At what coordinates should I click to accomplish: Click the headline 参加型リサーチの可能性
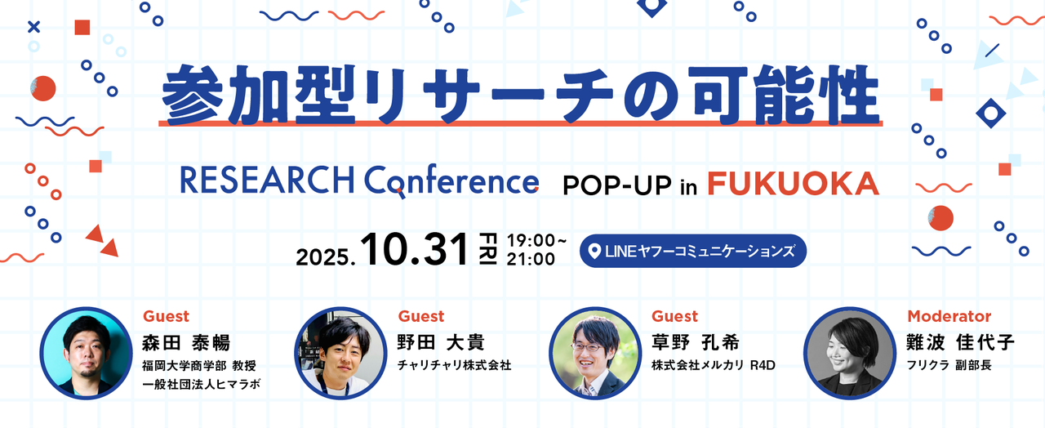click(x=520, y=95)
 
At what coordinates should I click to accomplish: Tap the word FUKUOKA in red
click(x=793, y=184)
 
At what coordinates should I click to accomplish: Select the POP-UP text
click(x=616, y=185)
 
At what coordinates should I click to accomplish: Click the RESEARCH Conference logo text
click(x=359, y=181)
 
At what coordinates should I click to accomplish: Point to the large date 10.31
click(x=414, y=249)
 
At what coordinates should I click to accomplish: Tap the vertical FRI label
click(x=488, y=248)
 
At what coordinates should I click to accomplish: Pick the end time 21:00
click(x=531, y=259)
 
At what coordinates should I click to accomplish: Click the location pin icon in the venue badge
click(x=594, y=251)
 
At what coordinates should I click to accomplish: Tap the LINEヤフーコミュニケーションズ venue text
click(x=700, y=251)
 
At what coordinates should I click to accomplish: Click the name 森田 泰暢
click(x=186, y=342)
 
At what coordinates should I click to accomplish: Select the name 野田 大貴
click(x=441, y=342)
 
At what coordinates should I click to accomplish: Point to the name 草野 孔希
click(x=696, y=342)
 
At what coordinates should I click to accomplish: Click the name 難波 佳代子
click(x=960, y=342)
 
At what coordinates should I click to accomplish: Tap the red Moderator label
click(x=949, y=316)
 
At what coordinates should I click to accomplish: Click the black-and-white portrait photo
click(x=850, y=354)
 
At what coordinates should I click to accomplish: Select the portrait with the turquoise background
click(x=86, y=354)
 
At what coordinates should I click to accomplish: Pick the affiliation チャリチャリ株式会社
click(x=455, y=365)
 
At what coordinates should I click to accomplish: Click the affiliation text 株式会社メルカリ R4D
click(x=714, y=365)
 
